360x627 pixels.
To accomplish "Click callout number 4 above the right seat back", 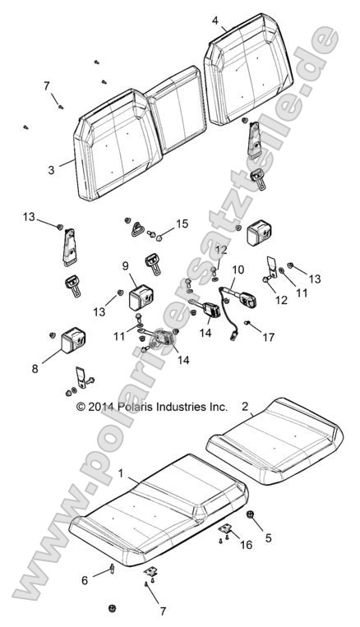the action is [x=215, y=21].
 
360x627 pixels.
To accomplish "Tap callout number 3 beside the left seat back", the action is [x=51, y=170].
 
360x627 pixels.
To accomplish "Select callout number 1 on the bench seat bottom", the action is [x=121, y=473].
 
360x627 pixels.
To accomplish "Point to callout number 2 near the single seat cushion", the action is [x=245, y=407].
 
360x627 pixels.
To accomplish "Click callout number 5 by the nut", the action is [x=268, y=537].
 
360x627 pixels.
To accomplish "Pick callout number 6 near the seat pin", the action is [x=85, y=580].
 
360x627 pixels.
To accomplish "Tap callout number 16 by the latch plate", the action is [x=247, y=544].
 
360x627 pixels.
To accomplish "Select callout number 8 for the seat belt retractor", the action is [x=35, y=369].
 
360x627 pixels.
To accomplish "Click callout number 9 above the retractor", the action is [x=124, y=265].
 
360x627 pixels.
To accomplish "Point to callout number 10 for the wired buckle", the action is [x=238, y=270].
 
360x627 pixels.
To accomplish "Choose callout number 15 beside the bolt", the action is [x=182, y=224].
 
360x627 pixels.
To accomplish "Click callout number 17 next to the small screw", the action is [x=269, y=338].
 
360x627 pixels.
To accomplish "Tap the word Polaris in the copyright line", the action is [x=135, y=407].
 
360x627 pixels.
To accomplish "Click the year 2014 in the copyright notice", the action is [x=102, y=407].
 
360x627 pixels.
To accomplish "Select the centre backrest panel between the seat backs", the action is [x=176, y=110].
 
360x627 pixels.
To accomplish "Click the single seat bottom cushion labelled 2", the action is [x=275, y=440].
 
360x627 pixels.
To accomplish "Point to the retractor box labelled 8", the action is [x=73, y=341].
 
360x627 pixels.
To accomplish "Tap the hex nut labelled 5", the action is [x=251, y=514].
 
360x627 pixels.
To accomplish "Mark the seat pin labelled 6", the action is [x=113, y=569].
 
